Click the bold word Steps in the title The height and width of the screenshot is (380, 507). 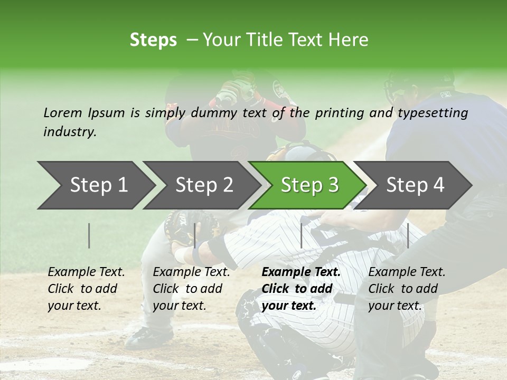coord(153,40)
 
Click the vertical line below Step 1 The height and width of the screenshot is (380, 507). coord(89,235)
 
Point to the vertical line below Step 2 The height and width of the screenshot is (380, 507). coord(195,235)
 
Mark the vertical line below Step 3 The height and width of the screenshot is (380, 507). coord(301,235)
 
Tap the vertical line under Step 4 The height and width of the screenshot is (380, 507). coord(408,235)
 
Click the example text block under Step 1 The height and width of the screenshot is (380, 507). coord(87,289)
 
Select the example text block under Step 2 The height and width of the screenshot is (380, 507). coord(191,289)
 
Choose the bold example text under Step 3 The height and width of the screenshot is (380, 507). coord(301,289)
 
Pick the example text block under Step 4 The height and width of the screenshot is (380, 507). coord(407,289)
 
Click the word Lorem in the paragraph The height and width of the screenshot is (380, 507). coord(63,112)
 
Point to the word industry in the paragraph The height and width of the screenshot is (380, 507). coord(70,132)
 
